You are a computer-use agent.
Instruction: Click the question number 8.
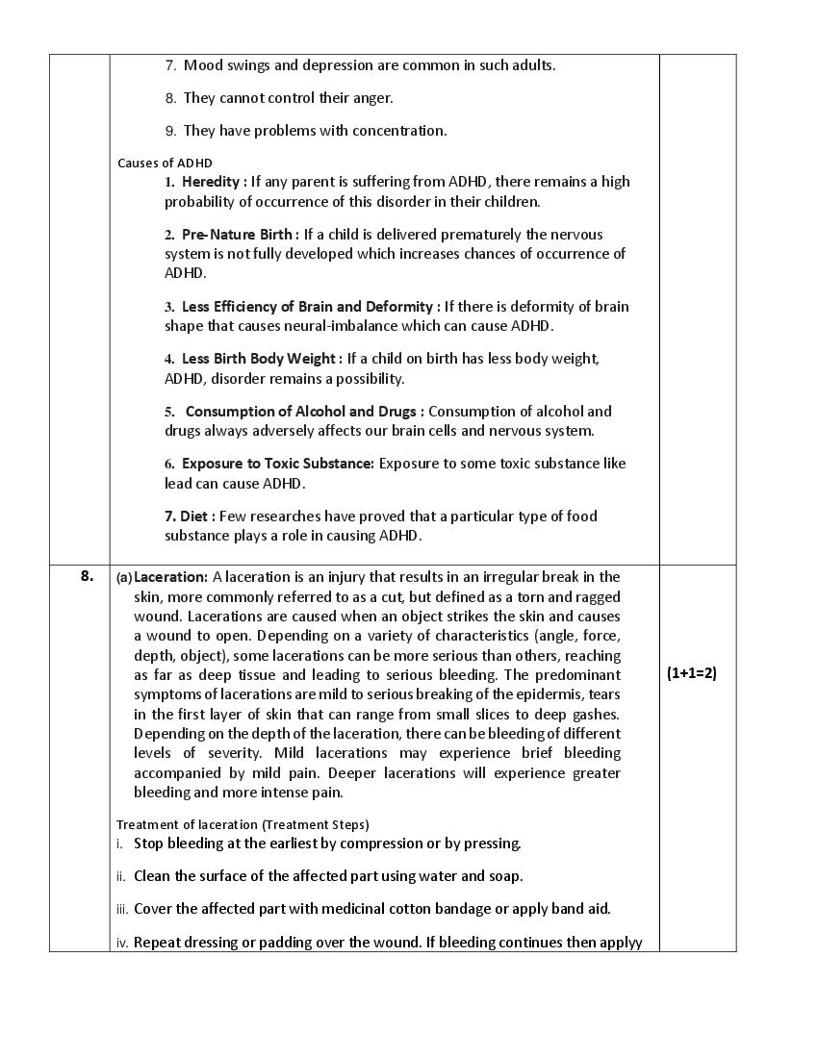tap(87, 576)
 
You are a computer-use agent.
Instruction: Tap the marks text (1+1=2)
tap(691, 673)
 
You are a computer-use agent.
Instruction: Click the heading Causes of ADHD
tap(165, 163)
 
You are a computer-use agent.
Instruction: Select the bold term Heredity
tap(214, 182)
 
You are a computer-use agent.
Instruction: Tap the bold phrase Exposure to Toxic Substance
tap(277, 464)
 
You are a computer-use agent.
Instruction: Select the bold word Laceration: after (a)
tap(170, 577)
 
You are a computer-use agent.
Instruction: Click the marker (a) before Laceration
tap(124, 577)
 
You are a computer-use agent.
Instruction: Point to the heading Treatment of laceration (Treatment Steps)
tap(243, 824)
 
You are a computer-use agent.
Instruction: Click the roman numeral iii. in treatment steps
tap(122, 909)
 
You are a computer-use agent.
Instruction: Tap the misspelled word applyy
tap(622, 943)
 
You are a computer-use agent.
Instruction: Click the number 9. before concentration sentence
tap(170, 131)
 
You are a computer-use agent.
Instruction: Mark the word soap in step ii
tap(504, 876)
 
